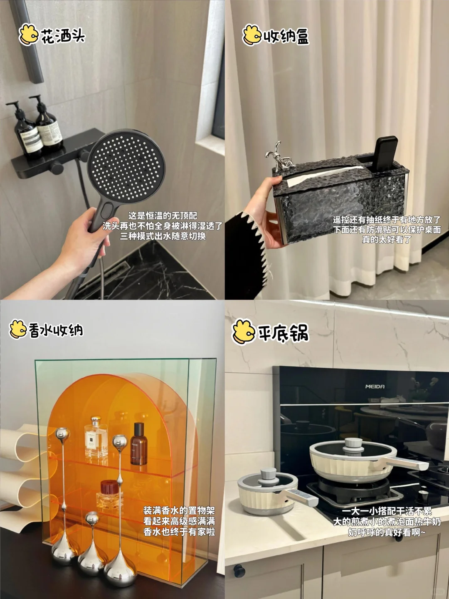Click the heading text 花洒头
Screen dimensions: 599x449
[63, 36]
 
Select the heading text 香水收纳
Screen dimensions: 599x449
[56, 330]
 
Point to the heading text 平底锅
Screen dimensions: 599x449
[284, 333]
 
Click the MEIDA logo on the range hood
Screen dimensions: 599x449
[375, 386]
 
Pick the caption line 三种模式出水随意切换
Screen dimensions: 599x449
[163, 236]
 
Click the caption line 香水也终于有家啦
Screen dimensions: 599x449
[179, 531]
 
